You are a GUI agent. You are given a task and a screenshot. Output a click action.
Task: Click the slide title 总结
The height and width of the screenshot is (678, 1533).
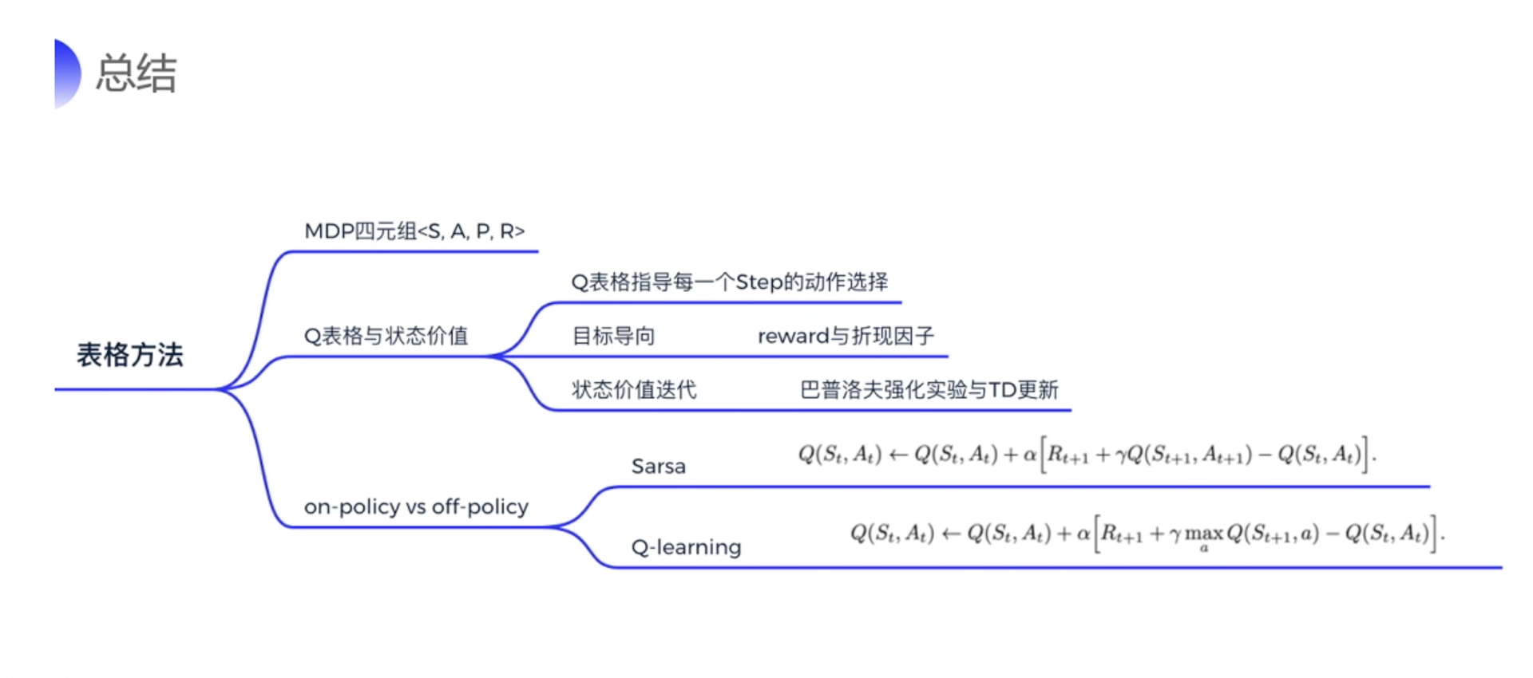click(136, 73)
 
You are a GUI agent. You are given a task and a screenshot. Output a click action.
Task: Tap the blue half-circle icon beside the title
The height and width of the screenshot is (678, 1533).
click(67, 73)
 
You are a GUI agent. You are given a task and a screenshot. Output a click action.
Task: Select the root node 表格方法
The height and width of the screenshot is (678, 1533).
click(130, 355)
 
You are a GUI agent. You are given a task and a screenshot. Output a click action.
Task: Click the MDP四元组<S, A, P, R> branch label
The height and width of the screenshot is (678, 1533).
click(414, 231)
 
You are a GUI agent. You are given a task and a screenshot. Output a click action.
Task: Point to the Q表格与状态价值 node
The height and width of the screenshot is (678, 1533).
click(386, 336)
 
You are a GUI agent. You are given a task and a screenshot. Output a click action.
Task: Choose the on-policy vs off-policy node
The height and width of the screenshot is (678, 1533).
click(416, 507)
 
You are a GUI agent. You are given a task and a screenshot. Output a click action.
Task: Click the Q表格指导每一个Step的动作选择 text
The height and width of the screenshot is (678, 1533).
click(729, 282)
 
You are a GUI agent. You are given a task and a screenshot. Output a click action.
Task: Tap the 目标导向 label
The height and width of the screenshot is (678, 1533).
click(613, 336)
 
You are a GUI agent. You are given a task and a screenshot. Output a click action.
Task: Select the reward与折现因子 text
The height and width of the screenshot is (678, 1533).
click(846, 336)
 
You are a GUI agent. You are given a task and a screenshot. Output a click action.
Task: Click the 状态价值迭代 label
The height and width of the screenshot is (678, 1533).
click(634, 390)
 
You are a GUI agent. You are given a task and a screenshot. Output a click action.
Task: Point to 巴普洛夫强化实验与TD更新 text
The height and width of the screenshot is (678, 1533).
click(929, 390)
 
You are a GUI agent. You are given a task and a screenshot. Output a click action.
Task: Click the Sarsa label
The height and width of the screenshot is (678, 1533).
click(658, 467)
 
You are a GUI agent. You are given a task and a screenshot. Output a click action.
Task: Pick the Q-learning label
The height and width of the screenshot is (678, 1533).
click(686, 547)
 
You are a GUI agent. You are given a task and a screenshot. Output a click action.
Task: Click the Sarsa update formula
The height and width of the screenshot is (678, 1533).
click(1087, 455)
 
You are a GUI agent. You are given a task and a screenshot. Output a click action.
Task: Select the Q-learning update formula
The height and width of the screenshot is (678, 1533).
click(1147, 533)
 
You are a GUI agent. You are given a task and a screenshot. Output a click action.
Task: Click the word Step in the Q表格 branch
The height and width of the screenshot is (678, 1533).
click(759, 282)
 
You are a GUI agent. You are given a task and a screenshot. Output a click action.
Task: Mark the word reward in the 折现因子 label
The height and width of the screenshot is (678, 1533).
click(794, 337)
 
